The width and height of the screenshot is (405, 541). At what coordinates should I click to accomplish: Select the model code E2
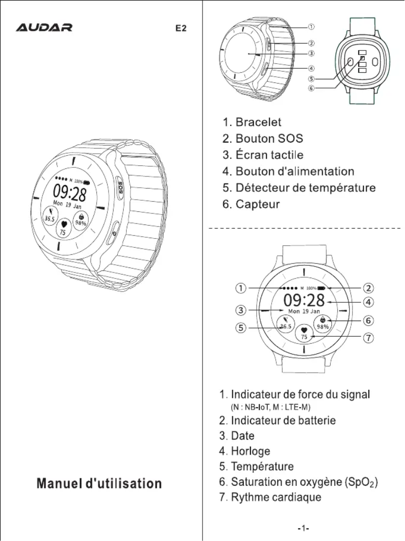click(x=181, y=28)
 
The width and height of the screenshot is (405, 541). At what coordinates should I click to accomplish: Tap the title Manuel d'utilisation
click(x=99, y=483)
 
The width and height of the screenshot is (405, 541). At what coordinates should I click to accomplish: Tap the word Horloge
click(x=250, y=450)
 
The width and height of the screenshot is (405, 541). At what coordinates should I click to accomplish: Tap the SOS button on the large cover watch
click(x=121, y=188)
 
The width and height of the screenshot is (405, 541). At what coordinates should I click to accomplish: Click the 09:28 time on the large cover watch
click(x=70, y=193)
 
